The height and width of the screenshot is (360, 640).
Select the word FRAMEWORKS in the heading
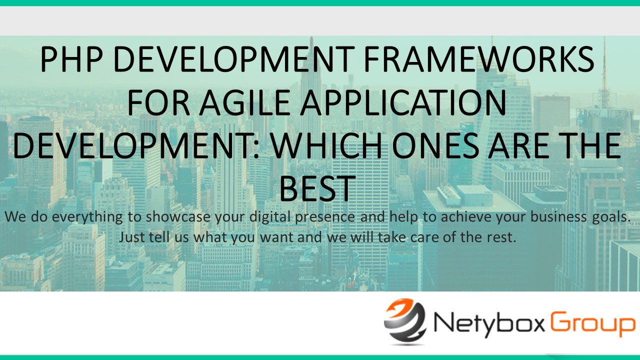(x=479, y=59)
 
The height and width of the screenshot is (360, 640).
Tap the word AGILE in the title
(x=244, y=102)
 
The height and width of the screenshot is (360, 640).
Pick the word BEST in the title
(x=317, y=189)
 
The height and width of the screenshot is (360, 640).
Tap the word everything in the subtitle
(x=87, y=217)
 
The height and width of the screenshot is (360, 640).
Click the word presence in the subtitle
(x=325, y=217)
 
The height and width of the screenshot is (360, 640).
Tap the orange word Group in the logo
(x=592, y=325)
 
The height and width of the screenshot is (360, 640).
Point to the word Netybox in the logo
(x=489, y=325)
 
